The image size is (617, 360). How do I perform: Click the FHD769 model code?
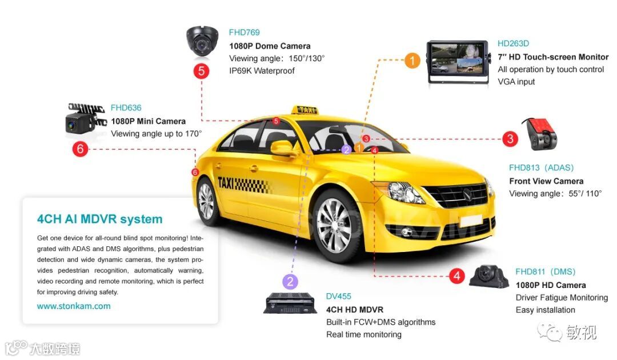[x=244, y=33]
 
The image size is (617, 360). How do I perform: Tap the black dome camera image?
[x=202, y=42]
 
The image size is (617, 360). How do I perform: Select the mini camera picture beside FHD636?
[x=86, y=118]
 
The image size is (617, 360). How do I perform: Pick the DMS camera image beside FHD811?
[x=488, y=277]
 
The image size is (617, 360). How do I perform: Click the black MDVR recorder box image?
[x=290, y=303]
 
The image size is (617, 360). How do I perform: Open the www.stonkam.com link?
[x=74, y=306]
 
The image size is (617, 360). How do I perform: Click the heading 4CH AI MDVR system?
[x=99, y=219]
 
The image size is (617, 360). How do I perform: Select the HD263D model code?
[x=513, y=43]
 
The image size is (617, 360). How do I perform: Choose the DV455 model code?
[x=339, y=296]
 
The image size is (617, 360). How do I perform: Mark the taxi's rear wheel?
[x=206, y=200]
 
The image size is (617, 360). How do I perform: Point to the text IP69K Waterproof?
[x=262, y=71]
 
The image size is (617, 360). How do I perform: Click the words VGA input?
[x=516, y=82]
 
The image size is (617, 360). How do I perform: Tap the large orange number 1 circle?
[x=412, y=60]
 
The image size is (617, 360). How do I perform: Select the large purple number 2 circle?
[x=290, y=281]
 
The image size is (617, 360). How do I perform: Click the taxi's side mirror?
[x=284, y=148]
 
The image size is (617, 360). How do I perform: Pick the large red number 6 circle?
[x=80, y=149]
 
